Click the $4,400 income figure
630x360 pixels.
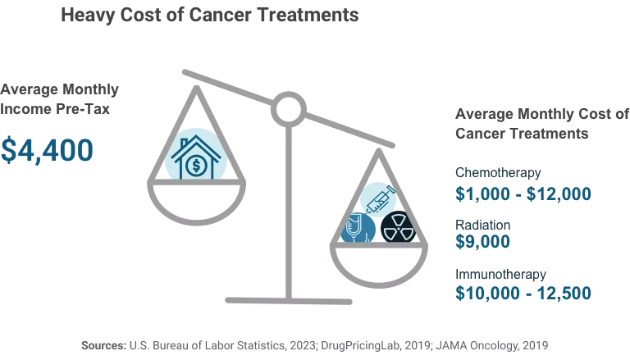point(47,149)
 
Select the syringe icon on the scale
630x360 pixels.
point(378,198)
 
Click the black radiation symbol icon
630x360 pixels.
point(399,227)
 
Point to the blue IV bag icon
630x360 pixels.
point(358,227)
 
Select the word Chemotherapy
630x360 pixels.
point(498,173)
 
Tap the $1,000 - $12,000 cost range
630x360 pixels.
point(523,194)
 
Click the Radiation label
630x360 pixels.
point(483,225)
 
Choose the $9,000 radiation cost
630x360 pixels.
point(483,242)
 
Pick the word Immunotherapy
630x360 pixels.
point(500,275)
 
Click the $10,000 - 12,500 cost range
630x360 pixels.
point(523,294)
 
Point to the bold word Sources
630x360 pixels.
point(103,346)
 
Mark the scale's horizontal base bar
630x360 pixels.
point(287,299)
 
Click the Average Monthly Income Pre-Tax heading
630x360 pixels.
point(59,98)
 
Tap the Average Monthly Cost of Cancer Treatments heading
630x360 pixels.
point(541,123)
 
